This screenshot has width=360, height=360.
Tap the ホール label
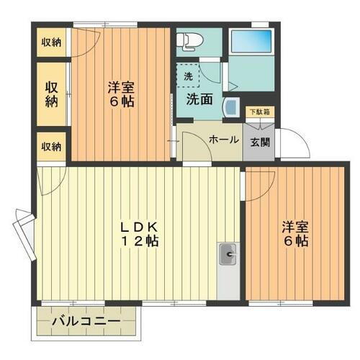pos(223,140)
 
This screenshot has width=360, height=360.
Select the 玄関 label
pos(258,141)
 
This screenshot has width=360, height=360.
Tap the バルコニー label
pos(86,320)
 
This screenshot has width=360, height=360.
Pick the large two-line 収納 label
pos(51,94)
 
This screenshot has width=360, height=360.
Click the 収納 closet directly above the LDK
pos(51,146)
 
